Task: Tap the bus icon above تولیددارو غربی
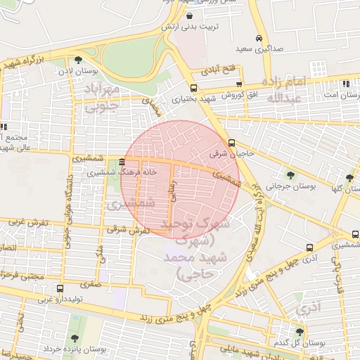tap(60, 288)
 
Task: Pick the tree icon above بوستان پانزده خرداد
tap(75, 338)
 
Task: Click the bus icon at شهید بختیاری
tap(193, 89)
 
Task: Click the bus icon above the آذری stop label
tap(310, 247)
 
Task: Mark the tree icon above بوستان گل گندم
tap(301, 332)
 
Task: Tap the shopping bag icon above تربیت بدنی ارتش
tap(191, 15)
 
